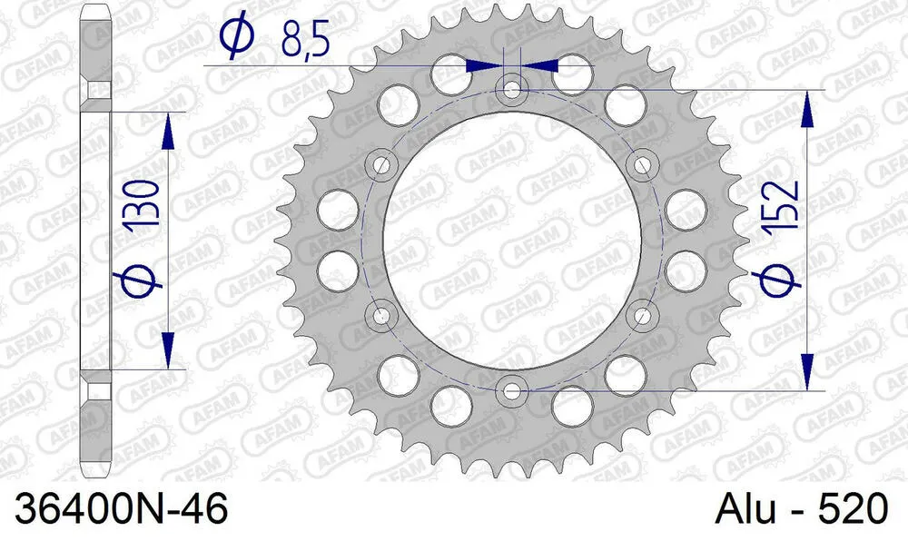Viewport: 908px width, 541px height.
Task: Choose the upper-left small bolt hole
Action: pos(381,165)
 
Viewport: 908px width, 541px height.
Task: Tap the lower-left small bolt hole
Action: pos(381,316)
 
